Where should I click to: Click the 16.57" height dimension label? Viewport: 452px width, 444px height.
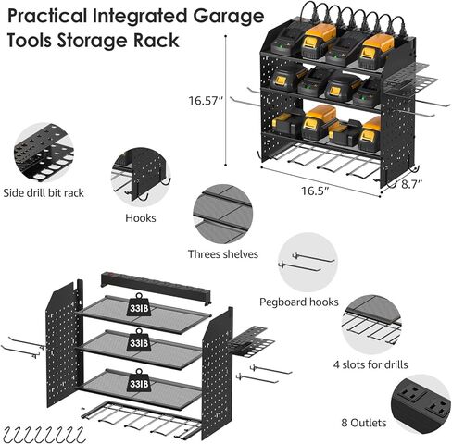(207, 101)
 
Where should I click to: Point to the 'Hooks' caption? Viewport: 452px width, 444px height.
(140, 219)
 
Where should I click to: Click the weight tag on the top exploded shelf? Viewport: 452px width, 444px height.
(139, 306)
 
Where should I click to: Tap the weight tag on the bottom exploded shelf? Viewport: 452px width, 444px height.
(139, 381)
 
